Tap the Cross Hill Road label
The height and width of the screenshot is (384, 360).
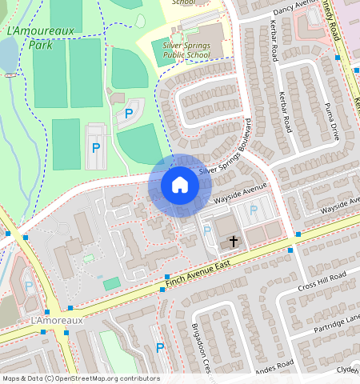[x=322, y=281]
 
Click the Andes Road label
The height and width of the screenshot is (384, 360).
[x=275, y=370]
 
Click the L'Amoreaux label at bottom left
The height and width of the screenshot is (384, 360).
[x=56, y=320]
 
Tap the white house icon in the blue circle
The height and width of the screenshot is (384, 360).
[x=180, y=185]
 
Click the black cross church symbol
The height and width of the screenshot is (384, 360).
[x=234, y=240]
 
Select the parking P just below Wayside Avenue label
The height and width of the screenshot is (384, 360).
[x=254, y=210]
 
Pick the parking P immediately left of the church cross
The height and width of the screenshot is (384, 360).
[x=207, y=231]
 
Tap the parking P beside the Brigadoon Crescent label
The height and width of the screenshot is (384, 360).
[x=160, y=348]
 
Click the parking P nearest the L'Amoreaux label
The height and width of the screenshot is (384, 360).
[x=29, y=286]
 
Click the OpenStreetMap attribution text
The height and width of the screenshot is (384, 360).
[x=80, y=378]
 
